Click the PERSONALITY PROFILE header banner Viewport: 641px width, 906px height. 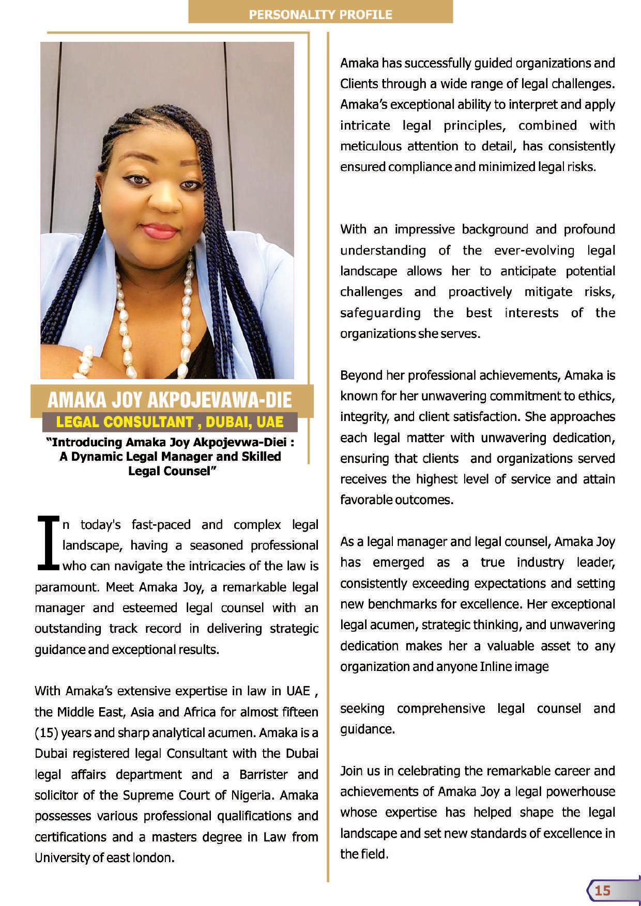[x=320, y=14]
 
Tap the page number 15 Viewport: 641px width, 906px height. [x=602, y=890]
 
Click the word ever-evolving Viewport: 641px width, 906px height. [x=534, y=251]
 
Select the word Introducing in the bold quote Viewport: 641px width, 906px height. [x=86, y=442]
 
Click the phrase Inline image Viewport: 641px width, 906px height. [x=514, y=666]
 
